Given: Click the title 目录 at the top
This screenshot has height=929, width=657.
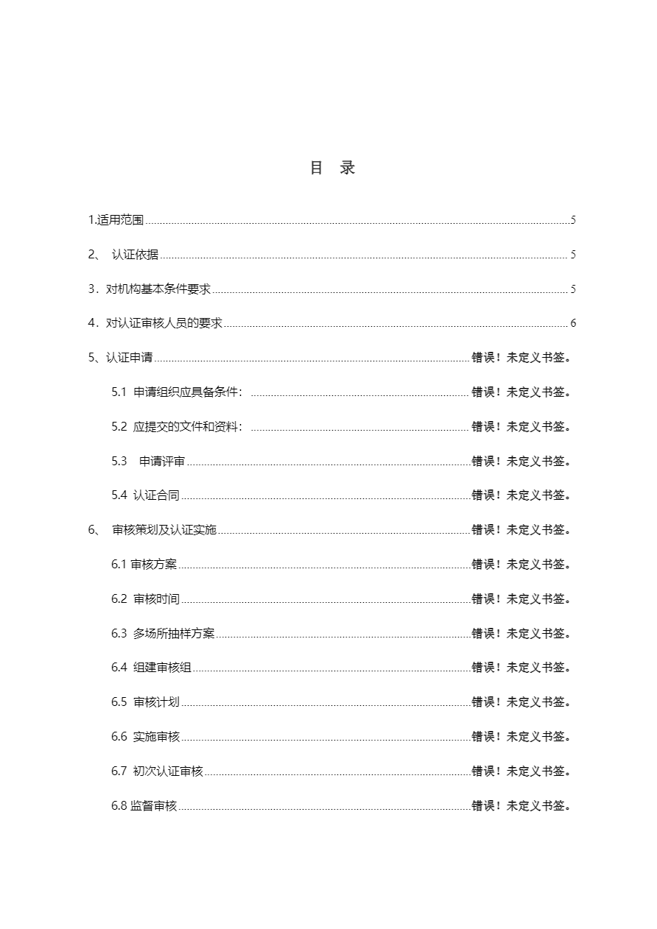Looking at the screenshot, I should point(332,168).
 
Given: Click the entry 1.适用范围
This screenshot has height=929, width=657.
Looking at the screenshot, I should point(116,220).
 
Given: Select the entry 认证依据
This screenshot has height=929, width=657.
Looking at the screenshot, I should point(135,255).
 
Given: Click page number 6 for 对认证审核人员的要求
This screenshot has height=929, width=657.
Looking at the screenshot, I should point(573,324).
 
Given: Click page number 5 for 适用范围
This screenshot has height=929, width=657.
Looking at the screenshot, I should point(573,220).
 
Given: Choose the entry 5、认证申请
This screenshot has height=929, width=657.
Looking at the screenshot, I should point(121,358).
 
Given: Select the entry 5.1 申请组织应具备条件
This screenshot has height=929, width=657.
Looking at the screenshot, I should point(177,392).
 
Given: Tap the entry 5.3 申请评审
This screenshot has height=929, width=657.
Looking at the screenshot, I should point(149,461).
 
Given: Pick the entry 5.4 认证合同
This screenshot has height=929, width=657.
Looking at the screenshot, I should point(146,495).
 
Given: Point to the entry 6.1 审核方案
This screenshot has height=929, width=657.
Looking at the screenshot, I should point(144,565).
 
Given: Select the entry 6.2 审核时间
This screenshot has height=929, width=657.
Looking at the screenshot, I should point(146,599).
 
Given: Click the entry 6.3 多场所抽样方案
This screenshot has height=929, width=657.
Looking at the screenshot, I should point(163,633).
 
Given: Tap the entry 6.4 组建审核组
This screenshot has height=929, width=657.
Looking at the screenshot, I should point(152,668).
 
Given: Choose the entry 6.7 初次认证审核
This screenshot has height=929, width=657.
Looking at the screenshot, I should point(158,771).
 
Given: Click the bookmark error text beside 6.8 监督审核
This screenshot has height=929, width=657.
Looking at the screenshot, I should point(522,806).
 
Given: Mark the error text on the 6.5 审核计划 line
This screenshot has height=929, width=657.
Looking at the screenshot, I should point(522,702).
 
